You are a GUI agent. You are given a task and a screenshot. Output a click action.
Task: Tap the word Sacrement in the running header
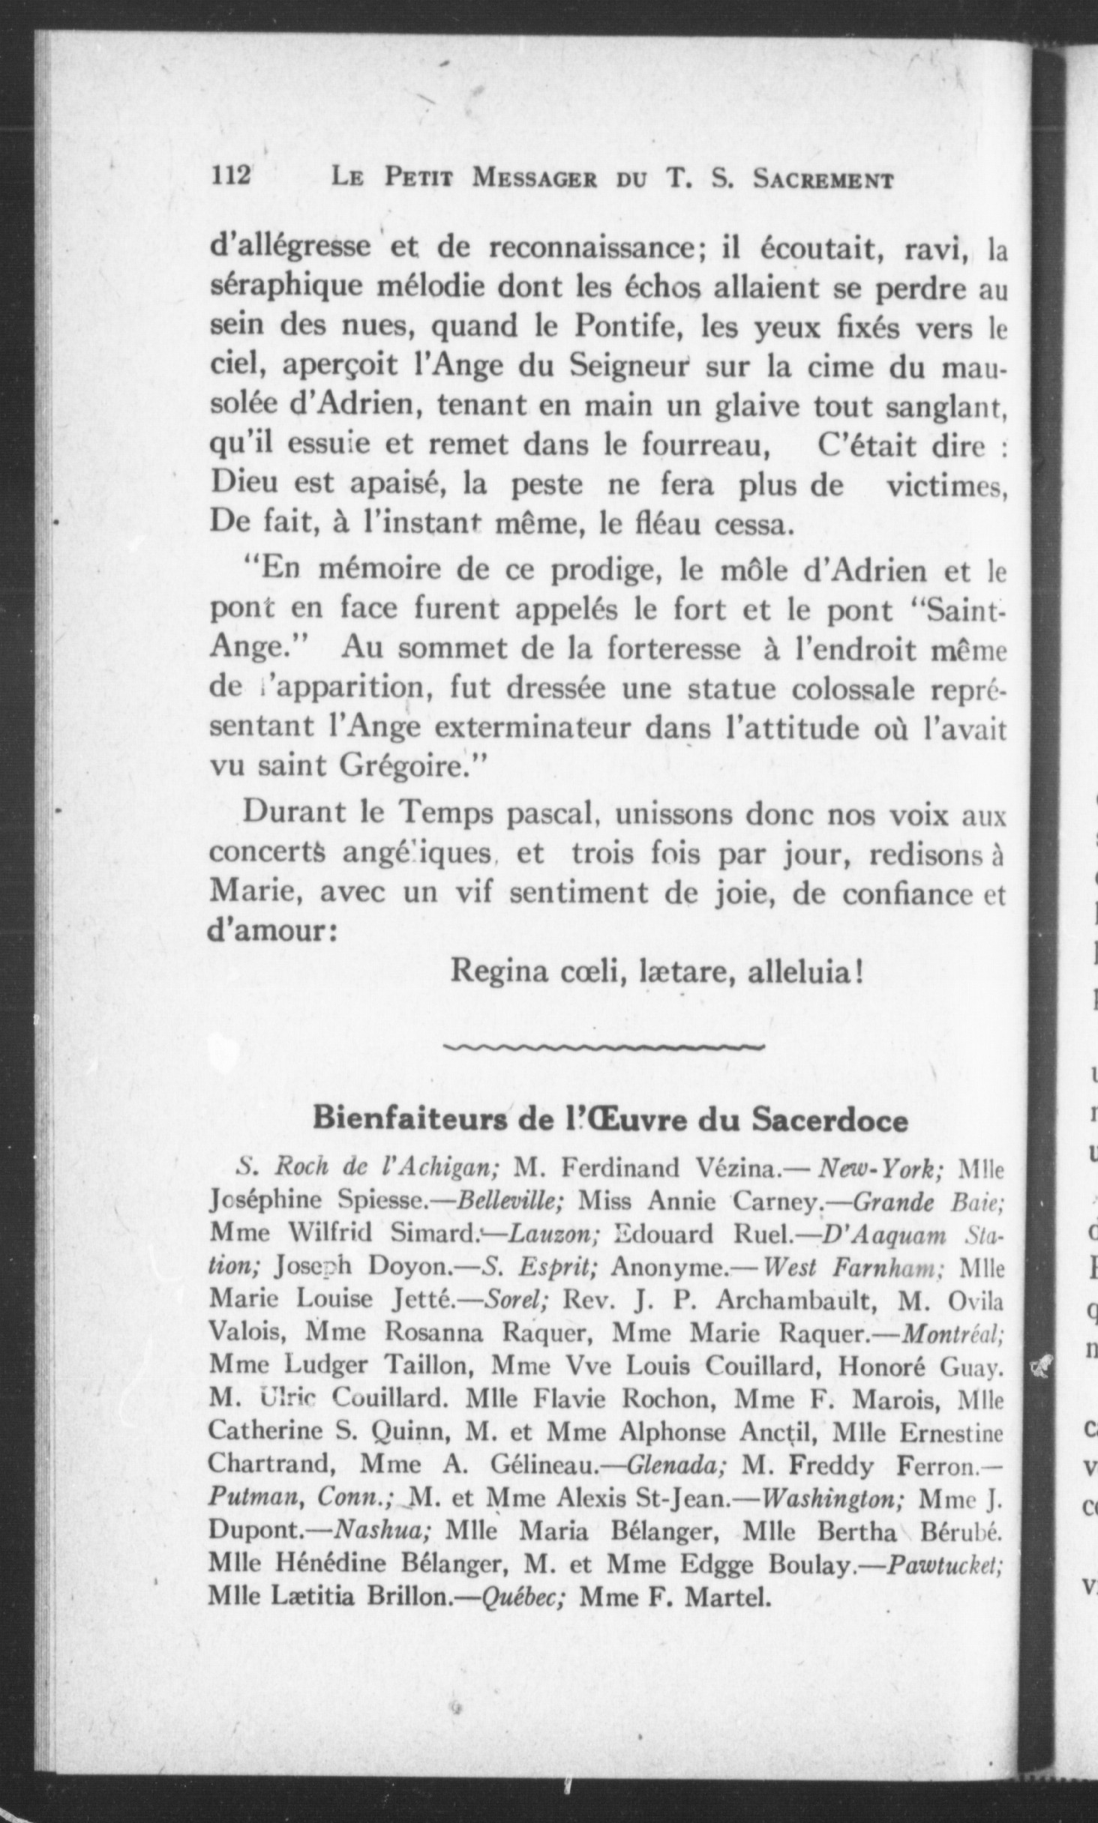coord(823,180)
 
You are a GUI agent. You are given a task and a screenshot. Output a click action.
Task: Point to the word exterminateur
coord(492,728)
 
